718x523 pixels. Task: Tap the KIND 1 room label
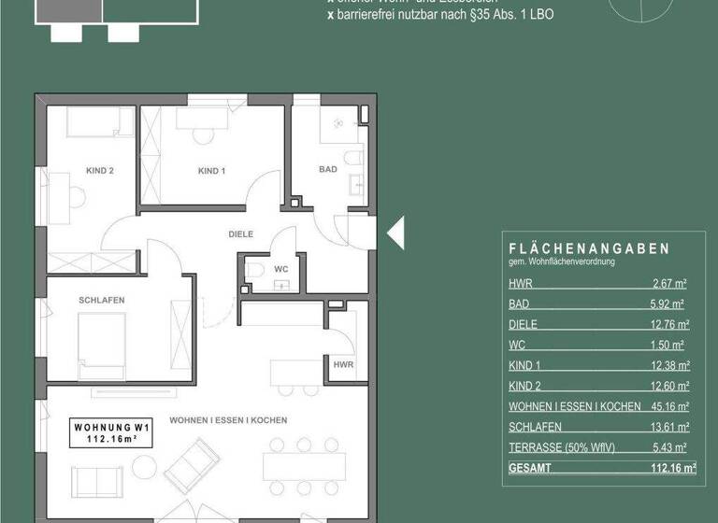click(212, 171)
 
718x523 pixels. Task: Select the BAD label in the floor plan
click(327, 170)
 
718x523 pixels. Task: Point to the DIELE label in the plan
click(241, 234)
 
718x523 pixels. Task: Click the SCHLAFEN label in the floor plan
click(103, 300)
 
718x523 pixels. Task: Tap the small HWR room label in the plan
click(343, 365)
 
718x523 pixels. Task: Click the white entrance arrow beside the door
click(395, 232)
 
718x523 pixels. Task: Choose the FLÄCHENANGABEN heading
click(589, 249)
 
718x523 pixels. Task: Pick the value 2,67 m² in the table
click(669, 284)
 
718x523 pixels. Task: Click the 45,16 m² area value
click(669, 406)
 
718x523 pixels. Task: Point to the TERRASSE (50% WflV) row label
click(561, 447)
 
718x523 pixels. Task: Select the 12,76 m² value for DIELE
click(669, 325)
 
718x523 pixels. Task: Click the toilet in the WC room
click(259, 272)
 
